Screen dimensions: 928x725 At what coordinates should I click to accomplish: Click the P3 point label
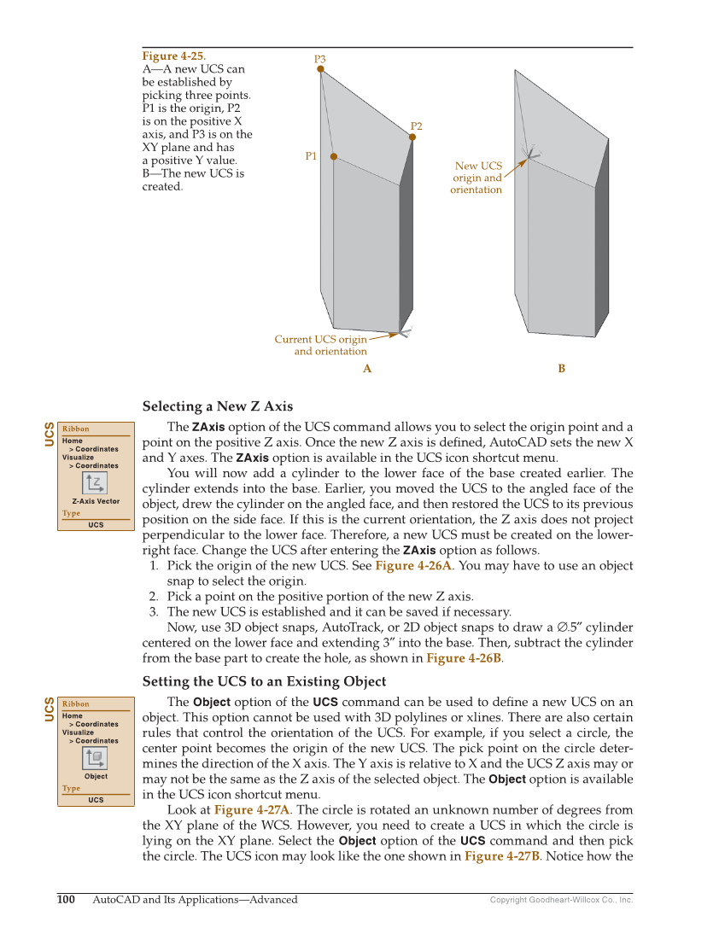pyautogui.click(x=319, y=59)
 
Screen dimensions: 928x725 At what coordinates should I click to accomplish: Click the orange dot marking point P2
pyautogui.click(x=413, y=137)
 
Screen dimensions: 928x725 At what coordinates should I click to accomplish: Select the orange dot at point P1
pyautogui.click(x=334, y=156)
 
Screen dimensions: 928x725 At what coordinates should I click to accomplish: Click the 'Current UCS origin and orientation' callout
pyautogui.click(x=320, y=345)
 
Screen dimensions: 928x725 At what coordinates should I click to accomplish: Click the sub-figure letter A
pyautogui.click(x=367, y=369)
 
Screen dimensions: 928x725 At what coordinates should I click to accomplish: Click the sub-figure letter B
pyautogui.click(x=562, y=369)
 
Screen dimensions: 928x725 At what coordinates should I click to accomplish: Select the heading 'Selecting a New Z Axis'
pyautogui.click(x=218, y=406)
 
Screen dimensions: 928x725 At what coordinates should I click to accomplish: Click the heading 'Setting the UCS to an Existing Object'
pyautogui.click(x=264, y=681)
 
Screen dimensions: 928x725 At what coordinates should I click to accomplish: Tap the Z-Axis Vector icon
pyautogui.click(x=96, y=483)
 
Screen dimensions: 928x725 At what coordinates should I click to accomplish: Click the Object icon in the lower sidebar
pyautogui.click(x=96, y=758)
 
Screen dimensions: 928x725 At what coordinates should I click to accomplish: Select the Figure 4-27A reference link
pyautogui.click(x=252, y=809)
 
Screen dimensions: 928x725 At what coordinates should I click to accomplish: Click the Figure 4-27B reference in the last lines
pyautogui.click(x=502, y=855)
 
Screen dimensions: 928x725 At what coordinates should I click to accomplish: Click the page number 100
pyautogui.click(x=67, y=899)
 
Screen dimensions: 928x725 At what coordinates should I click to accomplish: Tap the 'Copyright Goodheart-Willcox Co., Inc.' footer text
pyautogui.click(x=561, y=900)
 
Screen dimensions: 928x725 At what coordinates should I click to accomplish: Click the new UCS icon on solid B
pyautogui.click(x=530, y=153)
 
